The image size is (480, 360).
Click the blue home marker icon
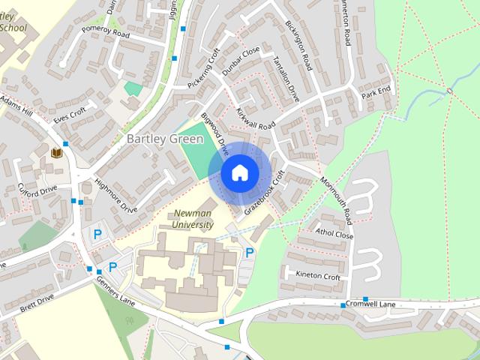[x=239, y=172]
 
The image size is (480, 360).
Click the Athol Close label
[x=334, y=235]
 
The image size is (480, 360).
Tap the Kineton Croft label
[x=318, y=276]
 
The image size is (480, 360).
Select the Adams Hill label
[x=16, y=105]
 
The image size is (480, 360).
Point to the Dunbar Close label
[x=241, y=61]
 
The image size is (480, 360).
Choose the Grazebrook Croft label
[x=271, y=193]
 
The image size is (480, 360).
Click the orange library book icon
[x=56, y=152]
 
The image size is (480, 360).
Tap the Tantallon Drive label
[x=286, y=79]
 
